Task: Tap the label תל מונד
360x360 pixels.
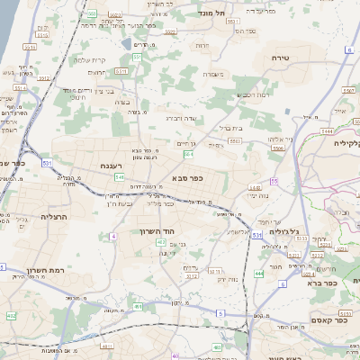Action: tap(236, 13)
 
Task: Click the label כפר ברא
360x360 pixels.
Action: tap(320, 282)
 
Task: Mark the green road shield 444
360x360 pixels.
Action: tap(260, 274)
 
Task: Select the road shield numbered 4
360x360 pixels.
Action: tap(113, 236)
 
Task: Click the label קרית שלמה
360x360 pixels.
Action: tap(91, 59)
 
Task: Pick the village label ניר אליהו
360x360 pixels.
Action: tap(283, 139)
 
